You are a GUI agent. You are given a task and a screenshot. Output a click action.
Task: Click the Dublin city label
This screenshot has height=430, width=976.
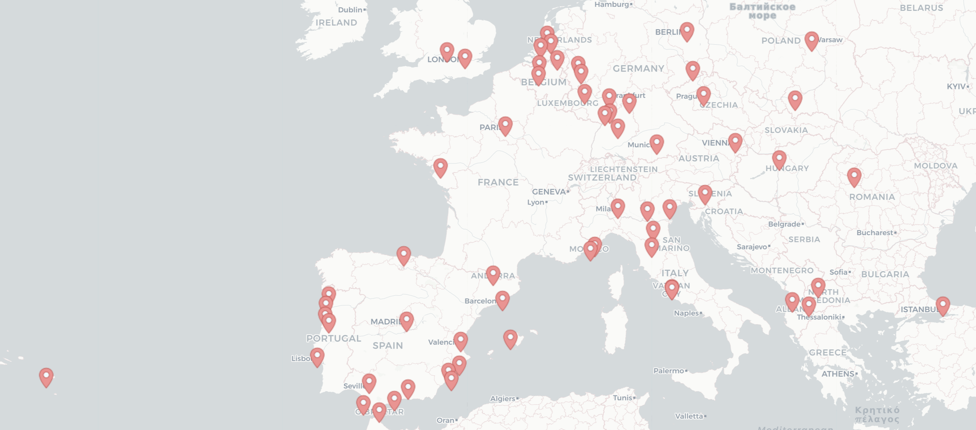350,10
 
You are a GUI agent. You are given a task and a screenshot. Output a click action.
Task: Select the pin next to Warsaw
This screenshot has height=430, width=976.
811,40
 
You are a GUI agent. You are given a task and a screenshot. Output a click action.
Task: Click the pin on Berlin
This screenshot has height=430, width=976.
687,31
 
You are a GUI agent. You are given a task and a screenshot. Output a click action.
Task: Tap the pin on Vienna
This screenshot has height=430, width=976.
735,142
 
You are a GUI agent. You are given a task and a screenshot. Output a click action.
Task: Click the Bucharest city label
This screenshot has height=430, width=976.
875,233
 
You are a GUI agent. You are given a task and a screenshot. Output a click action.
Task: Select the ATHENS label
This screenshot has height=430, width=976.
837,374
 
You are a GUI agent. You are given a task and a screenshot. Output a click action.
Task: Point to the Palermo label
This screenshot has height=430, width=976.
669,371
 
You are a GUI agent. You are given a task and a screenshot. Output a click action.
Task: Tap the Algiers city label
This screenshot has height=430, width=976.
503,399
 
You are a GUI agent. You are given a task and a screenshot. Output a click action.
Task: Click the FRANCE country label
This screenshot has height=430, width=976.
498,183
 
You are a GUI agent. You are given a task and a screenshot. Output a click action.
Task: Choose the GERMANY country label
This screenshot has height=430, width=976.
638,68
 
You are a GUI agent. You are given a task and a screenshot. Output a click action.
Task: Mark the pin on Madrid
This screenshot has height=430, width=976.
407,321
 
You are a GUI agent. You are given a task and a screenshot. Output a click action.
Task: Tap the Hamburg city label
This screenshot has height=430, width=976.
612,5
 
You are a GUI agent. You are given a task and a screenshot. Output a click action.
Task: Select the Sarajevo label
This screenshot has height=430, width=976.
752,247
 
